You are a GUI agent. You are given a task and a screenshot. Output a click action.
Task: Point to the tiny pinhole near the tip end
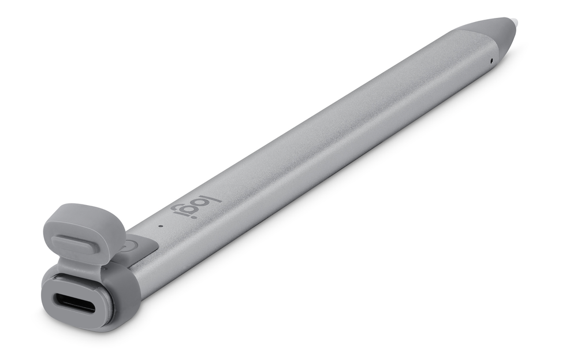491,60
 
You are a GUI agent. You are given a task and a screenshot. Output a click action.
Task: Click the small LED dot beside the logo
160,225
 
